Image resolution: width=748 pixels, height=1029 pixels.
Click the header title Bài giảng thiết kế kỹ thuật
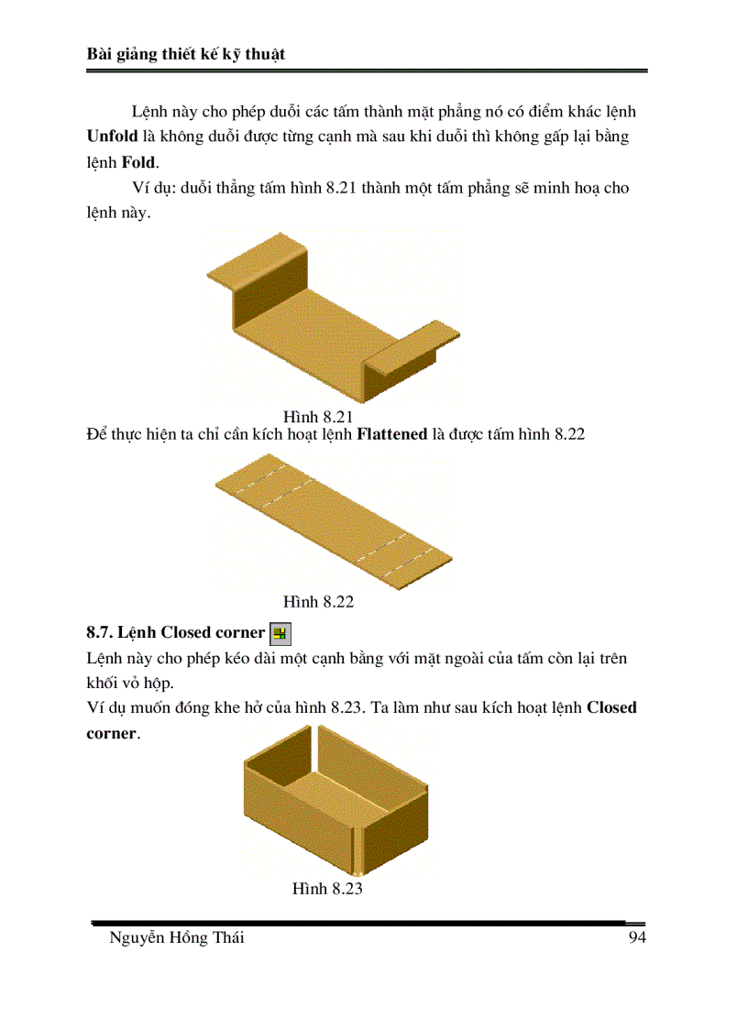click(x=186, y=54)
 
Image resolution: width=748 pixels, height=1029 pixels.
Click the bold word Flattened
click(x=391, y=433)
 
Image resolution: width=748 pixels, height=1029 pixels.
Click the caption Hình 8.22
click(x=318, y=602)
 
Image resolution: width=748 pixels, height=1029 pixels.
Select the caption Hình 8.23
click(x=327, y=889)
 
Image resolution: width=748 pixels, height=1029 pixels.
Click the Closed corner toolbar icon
click(x=280, y=633)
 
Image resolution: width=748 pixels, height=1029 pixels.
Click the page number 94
click(x=637, y=938)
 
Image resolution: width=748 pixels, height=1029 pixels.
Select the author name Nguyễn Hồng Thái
click(x=177, y=938)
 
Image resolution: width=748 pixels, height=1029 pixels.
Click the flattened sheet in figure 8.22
click(x=335, y=518)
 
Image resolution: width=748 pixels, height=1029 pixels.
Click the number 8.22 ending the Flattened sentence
click(x=566, y=433)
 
